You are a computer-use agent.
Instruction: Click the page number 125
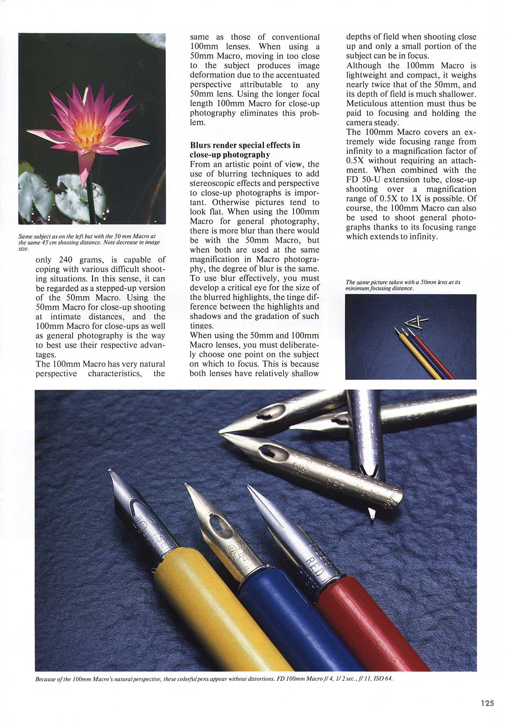click(x=487, y=703)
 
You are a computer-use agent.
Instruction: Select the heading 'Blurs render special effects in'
click(x=244, y=145)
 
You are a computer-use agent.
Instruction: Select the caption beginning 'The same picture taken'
click(x=403, y=285)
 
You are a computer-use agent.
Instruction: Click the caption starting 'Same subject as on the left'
click(x=89, y=242)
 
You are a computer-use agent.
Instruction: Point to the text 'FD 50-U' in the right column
click(x=363, y=180)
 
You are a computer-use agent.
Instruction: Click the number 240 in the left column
click(x=66, y=260)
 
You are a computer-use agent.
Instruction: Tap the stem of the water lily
click(x=90, y=199)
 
